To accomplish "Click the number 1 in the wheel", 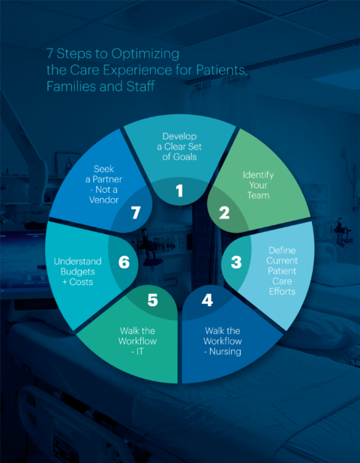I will pos(179,191).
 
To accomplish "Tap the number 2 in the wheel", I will pos(223,212).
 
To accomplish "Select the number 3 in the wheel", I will pos(235,263).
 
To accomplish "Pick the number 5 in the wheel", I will pos(152,300).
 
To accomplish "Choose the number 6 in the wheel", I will pos(124,263).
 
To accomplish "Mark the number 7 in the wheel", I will pos(136,213).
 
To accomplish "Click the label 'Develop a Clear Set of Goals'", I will pos(179,146).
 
